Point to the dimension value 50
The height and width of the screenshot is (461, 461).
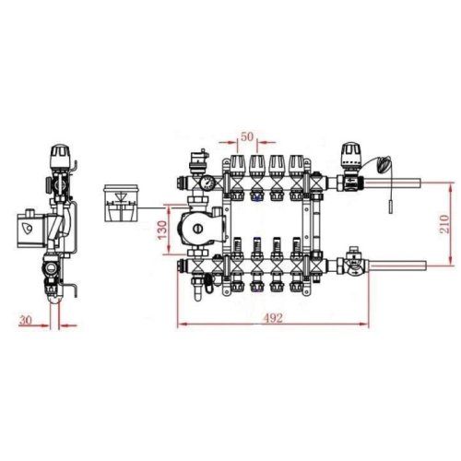click(246, 136)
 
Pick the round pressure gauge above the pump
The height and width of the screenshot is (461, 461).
click(208, 183)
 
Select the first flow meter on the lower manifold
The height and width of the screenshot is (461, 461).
click(234, 250)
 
